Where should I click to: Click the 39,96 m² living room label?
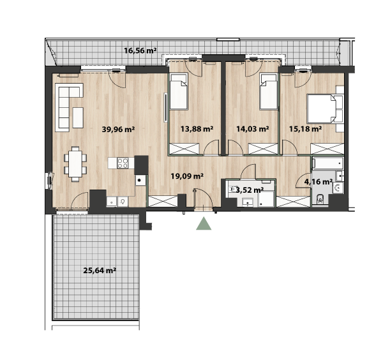click(x=118, y=129)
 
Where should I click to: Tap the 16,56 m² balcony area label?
click(x=140, y=50)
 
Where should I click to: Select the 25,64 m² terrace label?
click(x=100, y=271)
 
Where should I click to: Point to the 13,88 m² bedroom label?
click(x=197, y=128)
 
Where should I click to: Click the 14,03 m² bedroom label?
click(x=253, y=128)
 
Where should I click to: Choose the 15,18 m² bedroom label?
click(x=305, y=128)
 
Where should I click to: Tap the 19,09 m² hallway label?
click(x=187, y=176)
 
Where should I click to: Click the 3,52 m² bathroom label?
click(x=250, y=190)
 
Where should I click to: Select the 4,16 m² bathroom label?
click(x=319, y=181)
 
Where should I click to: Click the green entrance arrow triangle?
click(x=204, y=223)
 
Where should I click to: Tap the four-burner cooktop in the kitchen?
click(x=123, y=163)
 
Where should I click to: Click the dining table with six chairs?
click(x=75, y=164)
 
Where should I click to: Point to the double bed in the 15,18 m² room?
click(x=322, y=109)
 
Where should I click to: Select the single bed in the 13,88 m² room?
click(x=179, y=91)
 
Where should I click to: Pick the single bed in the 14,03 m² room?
click(x=269, y=91)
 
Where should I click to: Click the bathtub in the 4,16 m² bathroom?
click(x=328, y=163)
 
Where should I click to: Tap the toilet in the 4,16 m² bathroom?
click(x=320, y=199)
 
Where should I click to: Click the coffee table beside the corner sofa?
click(x=78, y=117)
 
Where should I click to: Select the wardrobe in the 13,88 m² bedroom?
click(x=184, y=149)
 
